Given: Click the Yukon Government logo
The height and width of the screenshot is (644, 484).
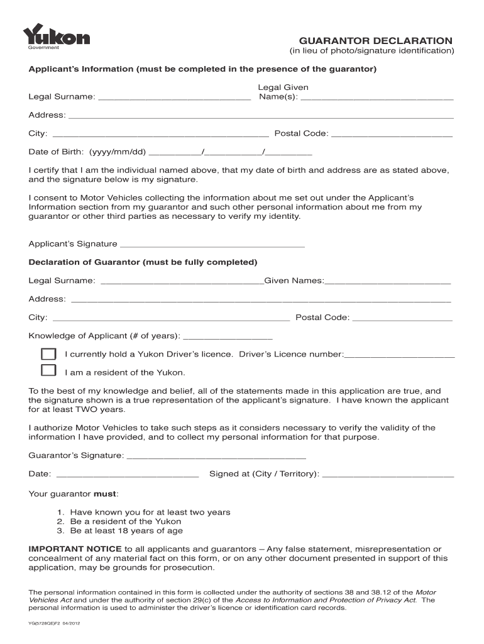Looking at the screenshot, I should click(57, 37).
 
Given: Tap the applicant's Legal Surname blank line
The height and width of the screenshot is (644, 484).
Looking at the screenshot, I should click(175, 98).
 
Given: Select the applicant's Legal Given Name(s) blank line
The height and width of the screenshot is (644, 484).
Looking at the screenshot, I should click(377, 98).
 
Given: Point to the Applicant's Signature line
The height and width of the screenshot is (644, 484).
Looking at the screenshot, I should click(212, 245).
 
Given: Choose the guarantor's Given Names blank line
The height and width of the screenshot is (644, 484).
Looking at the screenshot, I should click(387, 281).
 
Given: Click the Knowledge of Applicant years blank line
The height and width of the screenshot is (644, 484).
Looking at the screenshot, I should click(226, 336).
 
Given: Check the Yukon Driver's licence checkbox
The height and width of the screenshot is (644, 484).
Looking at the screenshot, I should click(48, 354).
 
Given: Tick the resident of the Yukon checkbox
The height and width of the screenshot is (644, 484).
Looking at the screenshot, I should click(48, 372).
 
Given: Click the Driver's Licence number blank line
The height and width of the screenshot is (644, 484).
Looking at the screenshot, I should click(399, 355).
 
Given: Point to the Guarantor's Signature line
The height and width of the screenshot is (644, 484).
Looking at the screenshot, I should click(216, 456).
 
